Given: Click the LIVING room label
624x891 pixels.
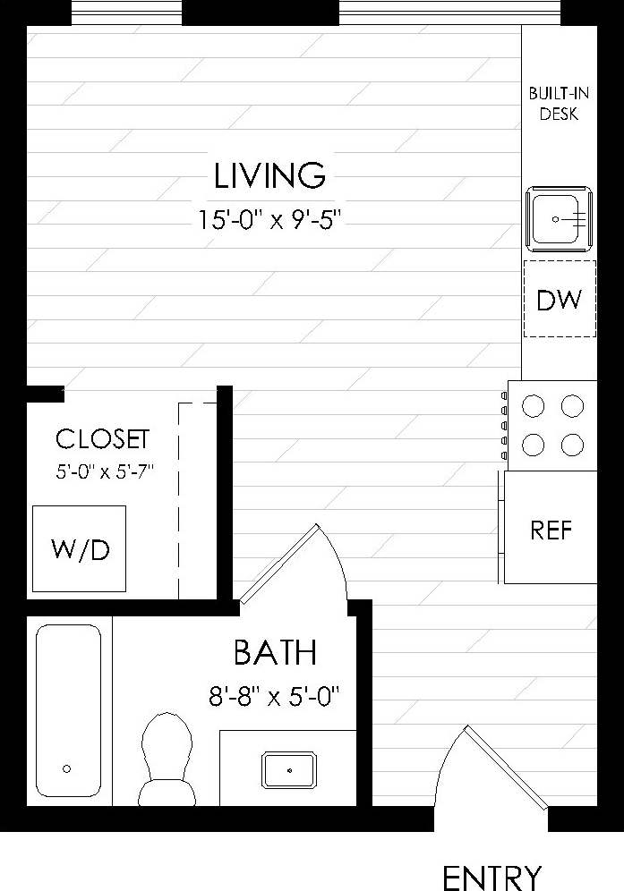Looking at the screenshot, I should [x=269, y=175].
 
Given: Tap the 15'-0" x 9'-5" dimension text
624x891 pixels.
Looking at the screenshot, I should [x=271, y=219].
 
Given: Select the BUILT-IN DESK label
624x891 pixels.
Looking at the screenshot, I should [x=552, y=104].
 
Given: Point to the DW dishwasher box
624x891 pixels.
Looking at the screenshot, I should [x=559, y=299].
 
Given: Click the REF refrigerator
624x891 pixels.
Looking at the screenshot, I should [x=551, y=529].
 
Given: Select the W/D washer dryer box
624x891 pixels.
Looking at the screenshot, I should [x=80, y=548].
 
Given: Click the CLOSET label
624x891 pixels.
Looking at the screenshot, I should [x=102, y=439].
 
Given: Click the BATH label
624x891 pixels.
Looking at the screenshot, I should [x=275, y=653].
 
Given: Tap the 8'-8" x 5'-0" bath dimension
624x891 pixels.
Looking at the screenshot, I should [x=276, y=695].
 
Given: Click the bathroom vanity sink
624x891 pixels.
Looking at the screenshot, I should [x=288, y=768].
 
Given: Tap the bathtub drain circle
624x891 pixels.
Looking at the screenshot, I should [x=67, y=768].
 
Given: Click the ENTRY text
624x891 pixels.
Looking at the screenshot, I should [x=492, y=877].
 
